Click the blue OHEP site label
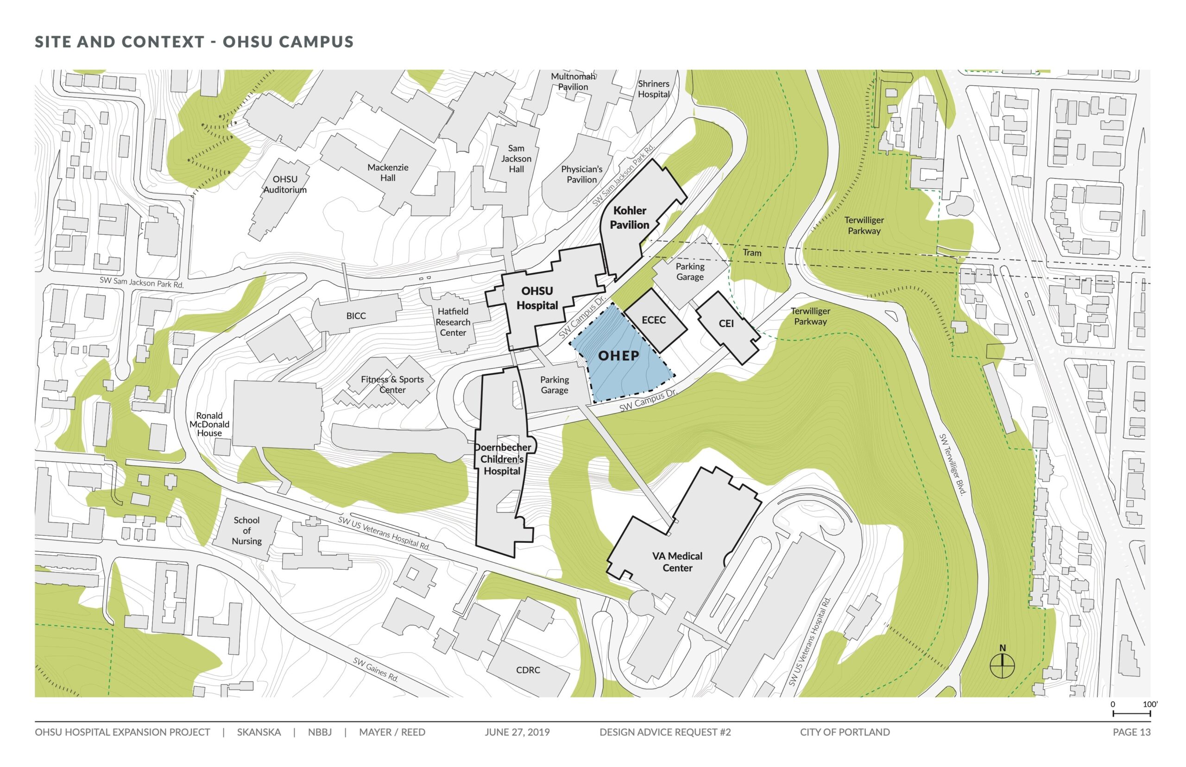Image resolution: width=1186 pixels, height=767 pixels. [x=618, y=356]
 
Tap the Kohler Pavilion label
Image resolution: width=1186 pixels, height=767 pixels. [x=629, y=218]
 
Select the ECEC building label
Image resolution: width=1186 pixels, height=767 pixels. [x=654, y=320]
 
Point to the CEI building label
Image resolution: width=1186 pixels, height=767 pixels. [x=726, y=324]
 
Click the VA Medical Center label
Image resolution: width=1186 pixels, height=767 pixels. [x=677, y=562]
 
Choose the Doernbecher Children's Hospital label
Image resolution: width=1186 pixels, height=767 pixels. [x=502, y=459]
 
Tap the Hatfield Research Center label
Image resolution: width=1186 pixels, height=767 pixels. [x=453, y=322]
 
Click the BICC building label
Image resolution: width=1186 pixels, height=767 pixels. [x=356, y=316]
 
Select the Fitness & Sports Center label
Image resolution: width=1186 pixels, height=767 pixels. [x=392, y=384]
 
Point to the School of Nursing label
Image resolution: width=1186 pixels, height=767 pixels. [x=246, y=530]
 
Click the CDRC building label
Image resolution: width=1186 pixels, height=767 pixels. [x=528, y=670]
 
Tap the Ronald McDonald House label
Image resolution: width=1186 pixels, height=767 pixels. [x=209, y=424]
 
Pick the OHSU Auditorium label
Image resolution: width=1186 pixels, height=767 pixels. [x=285, y=184]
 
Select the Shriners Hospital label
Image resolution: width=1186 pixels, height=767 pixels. [x=654, y=88]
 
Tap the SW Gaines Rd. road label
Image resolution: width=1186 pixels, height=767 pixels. [x=376, y=669]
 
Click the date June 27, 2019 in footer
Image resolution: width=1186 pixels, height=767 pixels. [x=517, y=732]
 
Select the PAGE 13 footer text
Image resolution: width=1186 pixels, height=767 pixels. [x=1131, y=732]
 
